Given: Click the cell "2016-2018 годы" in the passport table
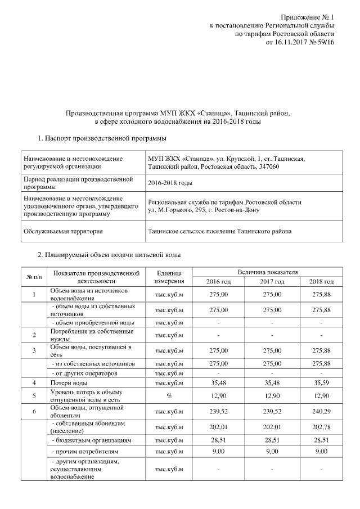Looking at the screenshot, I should tap(170, 183).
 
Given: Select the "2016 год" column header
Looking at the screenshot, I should tap(218, 282).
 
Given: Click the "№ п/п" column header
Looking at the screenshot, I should tap(34, 277).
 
